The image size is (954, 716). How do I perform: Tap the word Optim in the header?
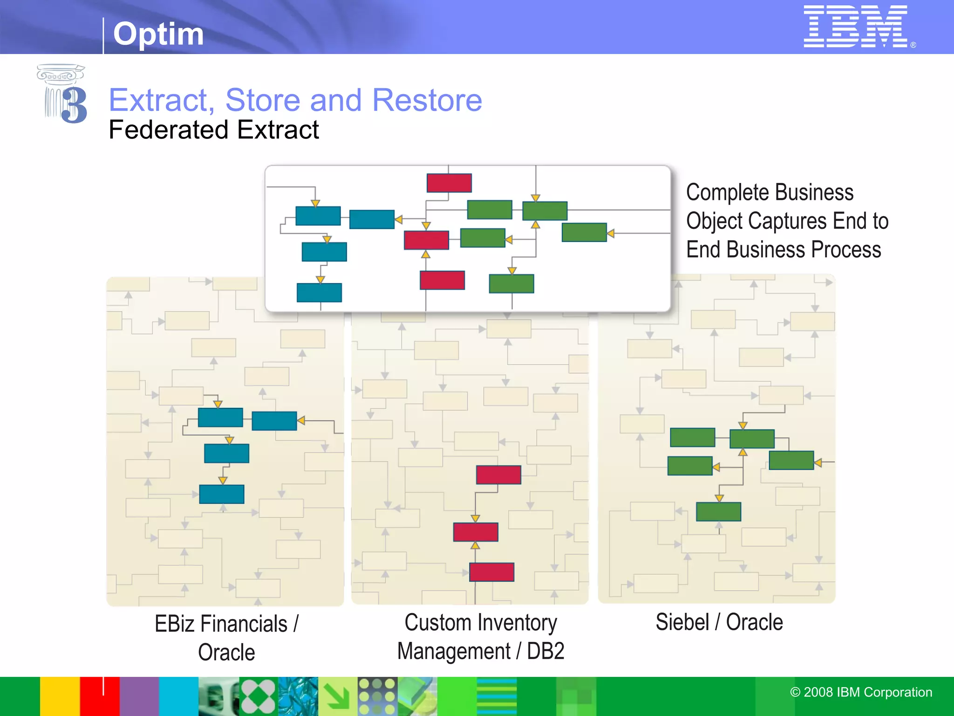coord(158,34)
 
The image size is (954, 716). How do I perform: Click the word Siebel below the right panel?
coord(682,622)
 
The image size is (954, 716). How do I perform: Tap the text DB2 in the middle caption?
coord(545,651)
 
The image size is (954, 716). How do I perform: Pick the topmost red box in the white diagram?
coord(449,183)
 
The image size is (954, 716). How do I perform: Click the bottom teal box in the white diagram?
coord(319,292)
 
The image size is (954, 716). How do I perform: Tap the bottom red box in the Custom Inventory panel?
coord(491,572)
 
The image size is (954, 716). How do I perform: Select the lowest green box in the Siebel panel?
coord(718,511)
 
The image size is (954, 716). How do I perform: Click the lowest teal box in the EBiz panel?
coord(222,494)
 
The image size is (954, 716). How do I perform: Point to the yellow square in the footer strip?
coord(60,696)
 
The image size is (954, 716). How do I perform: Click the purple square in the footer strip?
coord(139,696)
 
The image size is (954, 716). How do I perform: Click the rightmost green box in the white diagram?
coord(584,232)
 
